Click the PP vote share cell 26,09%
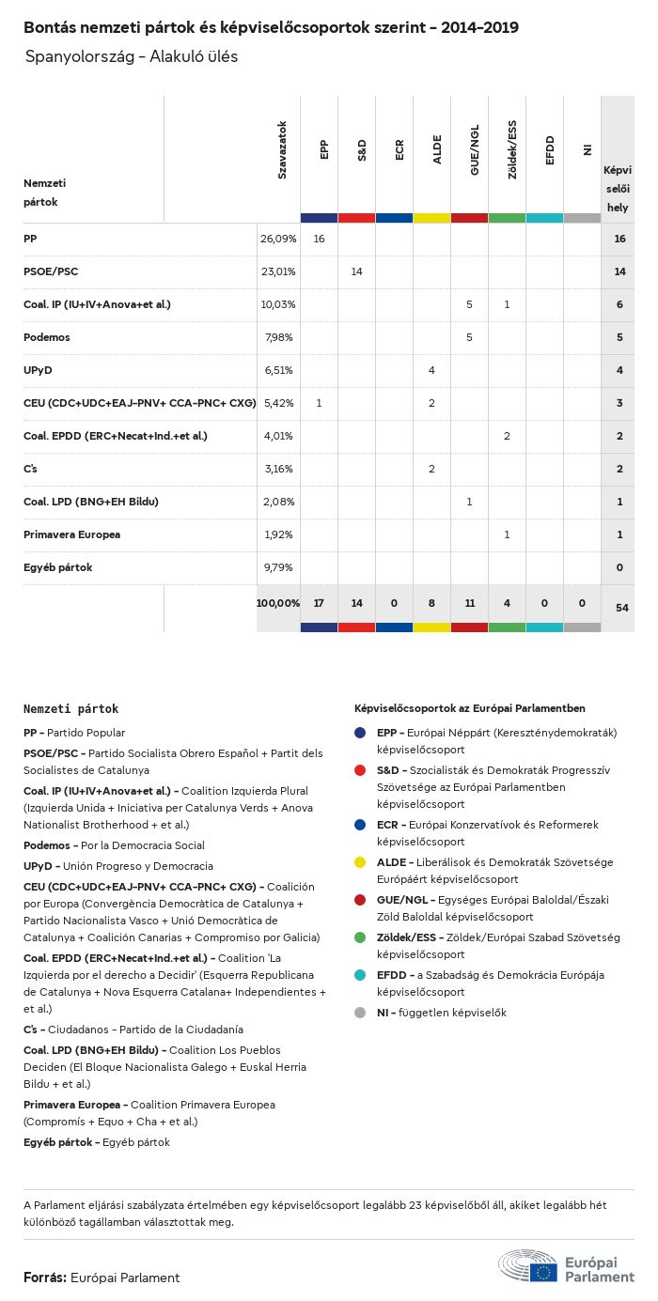[x=277, y=240]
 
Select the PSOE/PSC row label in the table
[x=51, y=272]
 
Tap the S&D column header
[x=362, y=149]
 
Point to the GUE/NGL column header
[x=475, y=156]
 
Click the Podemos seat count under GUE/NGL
[x=469, y=337]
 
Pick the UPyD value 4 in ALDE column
[x=431, y=370]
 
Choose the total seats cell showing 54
[x=621, y=608]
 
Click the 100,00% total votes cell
[x=277, y=602]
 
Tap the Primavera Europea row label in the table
[x=71, y=534]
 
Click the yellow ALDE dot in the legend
[x=361, y=863]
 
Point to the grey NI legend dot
[x=361, y=1013]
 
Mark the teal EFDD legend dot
[x=361, y=976]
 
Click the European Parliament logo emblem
[x=527, y=1265]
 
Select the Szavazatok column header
[x=282, y=149]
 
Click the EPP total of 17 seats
[x=319, y=602]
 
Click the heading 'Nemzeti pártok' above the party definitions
[x=71, y=709]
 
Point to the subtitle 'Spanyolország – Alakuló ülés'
[x=132, y=56]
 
